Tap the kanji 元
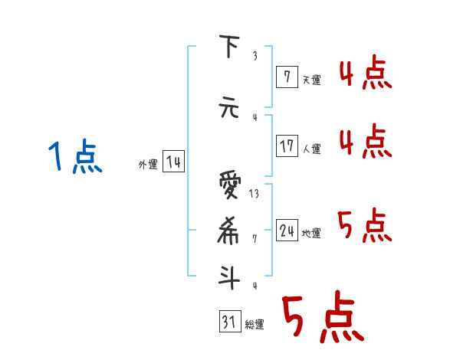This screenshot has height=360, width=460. click(228, 109)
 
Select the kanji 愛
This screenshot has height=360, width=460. click(228, 185)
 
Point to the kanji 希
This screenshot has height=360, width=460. click(228, 231)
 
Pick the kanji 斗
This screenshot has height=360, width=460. click(228, 276)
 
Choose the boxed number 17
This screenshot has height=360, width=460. click(287, 146)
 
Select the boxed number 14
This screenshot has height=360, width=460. click(173, 162)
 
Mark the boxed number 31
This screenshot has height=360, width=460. click(228, 322)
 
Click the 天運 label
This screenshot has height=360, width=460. click(311, 80)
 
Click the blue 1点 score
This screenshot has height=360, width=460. click(74, 158)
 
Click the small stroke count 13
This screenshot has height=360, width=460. click(254, 194)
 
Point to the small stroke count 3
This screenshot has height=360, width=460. click(255, 56)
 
